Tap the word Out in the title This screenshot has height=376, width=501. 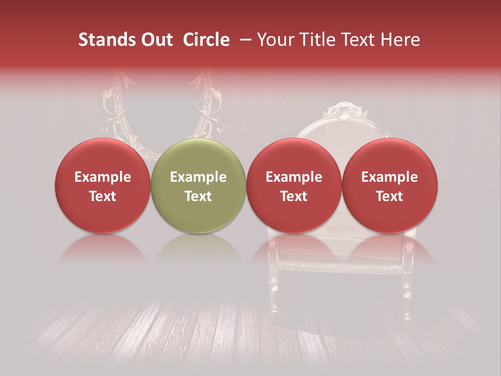pos(156,40)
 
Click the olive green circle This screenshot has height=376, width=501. pos(198,186)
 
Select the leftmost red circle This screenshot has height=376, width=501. pos(103,186)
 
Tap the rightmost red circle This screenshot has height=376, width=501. pos(390,186)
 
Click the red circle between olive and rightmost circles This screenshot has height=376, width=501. pos(294,186)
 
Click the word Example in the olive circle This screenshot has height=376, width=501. pos(198,177)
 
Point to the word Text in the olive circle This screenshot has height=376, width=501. pos(198,196)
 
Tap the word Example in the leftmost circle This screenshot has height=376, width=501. pos(103,177)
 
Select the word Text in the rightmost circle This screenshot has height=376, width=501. pos(390,196)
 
